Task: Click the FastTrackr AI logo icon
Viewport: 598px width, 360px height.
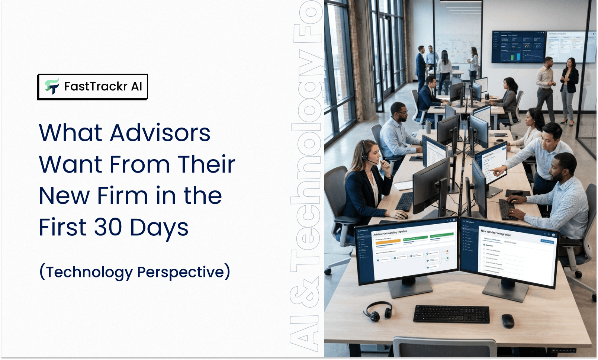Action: point(52,86)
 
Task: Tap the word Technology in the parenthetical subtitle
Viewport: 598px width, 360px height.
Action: point(89,272)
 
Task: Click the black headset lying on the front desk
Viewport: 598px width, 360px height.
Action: point(377,311)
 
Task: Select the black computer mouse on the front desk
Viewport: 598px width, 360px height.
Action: point(508,321)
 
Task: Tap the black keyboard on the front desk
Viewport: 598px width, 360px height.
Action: point(451,314)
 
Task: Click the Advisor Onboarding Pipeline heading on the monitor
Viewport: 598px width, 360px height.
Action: point(390,233)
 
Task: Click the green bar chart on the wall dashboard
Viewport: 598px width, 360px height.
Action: point(515,57)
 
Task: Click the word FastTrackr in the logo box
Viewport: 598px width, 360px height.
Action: point(96,86)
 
